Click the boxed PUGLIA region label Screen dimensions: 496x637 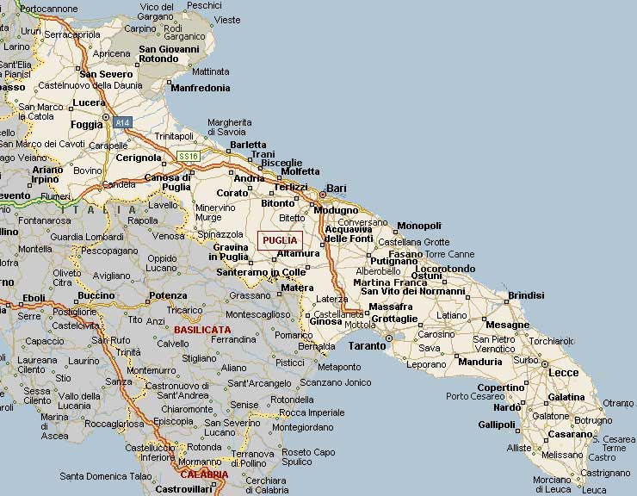click(280, 240)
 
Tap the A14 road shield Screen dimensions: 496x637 click(123, 123)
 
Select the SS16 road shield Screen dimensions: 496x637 click(189, 156)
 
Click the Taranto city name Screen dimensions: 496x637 click(367, 345)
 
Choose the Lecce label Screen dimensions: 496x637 click(564, 372)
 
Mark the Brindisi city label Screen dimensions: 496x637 click(526, 295)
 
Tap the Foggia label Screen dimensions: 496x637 click(86, 124)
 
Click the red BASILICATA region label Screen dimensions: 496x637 click(202, 329)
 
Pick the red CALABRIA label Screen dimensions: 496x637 click(204, 474)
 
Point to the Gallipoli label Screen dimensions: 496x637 click(497, 425)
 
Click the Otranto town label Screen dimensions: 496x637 click(617, 403)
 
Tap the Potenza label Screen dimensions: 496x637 click(167, 295)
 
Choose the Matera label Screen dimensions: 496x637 click(298, 288)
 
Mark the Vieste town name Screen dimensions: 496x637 click(227, 20)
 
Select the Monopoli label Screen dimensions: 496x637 click(419, 226)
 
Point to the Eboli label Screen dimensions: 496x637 click(34, 298)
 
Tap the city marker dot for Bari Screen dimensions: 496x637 click(323, 194)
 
